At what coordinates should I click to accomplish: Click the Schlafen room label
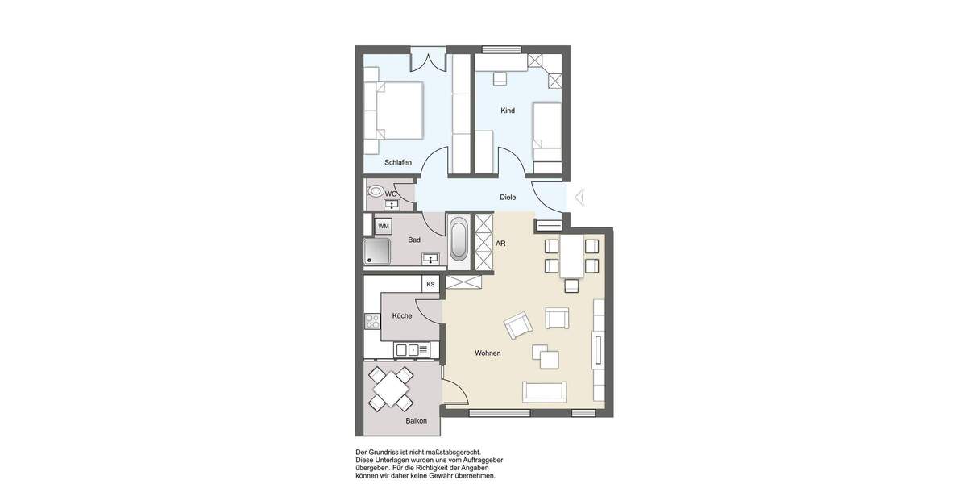pos(398,162)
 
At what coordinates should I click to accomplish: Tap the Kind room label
pos(508,111)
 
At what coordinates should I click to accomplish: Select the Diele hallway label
pos(508,197)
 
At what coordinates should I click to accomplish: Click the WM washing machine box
pos(384,225)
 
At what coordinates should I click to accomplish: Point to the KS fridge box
pos(431,284)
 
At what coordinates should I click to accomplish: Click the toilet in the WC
pos(376,192)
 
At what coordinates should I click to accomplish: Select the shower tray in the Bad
pos(376,252)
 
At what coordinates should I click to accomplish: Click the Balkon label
pos(416,421)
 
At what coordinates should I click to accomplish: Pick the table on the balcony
pos(392,388)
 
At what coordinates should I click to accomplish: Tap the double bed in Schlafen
pos(395,111)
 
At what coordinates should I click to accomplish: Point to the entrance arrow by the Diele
pos(578,196)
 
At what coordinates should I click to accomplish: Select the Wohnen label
pos(488,353)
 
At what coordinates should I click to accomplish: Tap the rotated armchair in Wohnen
pos(518,326)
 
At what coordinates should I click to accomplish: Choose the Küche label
pos(402,315)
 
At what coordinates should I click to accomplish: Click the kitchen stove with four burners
pos(372,323)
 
